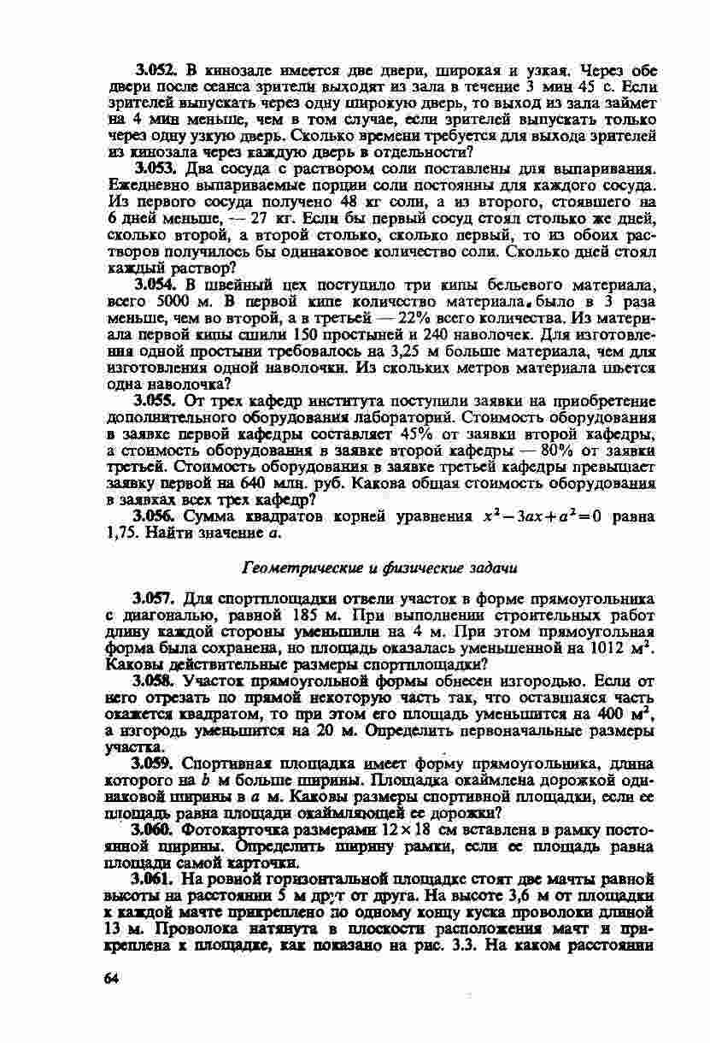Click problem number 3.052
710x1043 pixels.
tap(155, 68)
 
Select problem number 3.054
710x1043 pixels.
tap(154, 282)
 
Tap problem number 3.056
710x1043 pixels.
tap(155, 516)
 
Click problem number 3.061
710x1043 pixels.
tap(155, 878)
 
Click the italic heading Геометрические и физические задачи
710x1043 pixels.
tap(381, 567)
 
